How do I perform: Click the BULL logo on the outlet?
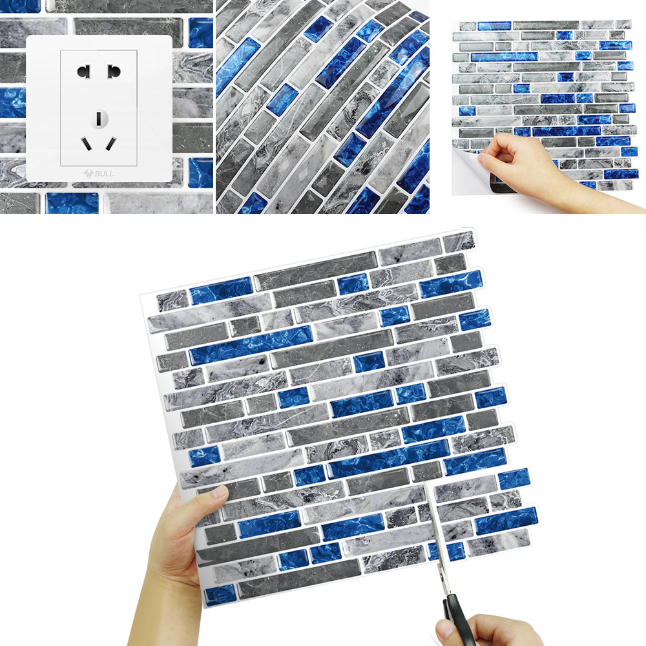coord(99,173)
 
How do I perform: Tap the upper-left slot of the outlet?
coord(83,72)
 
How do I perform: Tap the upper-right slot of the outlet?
coord(114,71)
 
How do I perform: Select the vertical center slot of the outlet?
coord(99,119)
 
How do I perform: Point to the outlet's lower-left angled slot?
coord(86,143)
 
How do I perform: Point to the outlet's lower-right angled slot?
coord(111,143)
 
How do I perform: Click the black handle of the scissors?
coord(457,618)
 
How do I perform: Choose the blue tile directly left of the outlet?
coord(13,103)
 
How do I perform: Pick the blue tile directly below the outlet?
coord(72,203)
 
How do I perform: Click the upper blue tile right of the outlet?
coord(201,32)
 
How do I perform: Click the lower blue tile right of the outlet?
coord(201,172)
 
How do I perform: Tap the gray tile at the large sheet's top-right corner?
coord(459,242)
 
